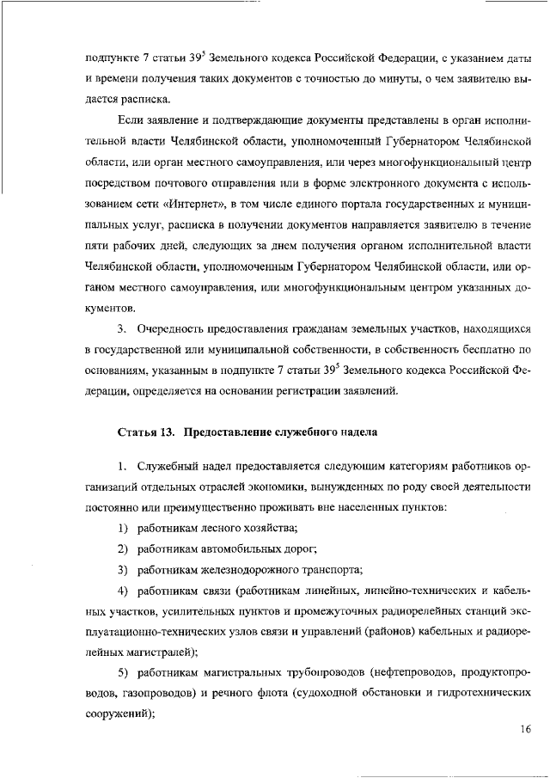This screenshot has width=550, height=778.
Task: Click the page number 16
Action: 526,731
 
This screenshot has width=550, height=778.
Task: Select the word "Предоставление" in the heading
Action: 226,431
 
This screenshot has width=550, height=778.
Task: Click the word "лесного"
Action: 217,527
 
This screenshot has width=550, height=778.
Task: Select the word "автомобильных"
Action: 237,548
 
